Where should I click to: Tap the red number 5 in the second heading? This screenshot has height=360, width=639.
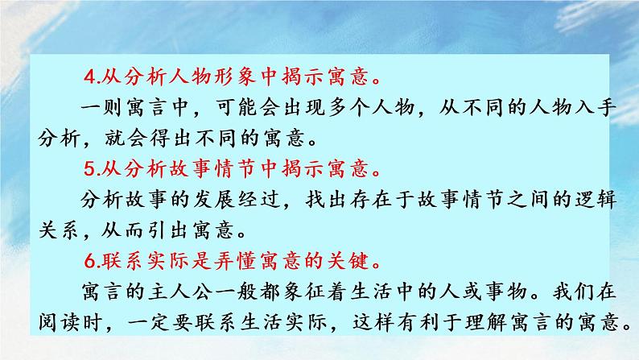[x=89, y=170]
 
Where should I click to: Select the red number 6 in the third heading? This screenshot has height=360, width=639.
[x=89, y=262]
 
